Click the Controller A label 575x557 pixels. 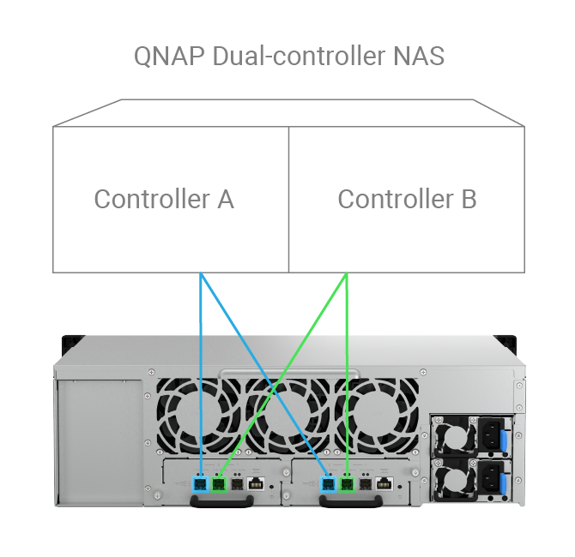click(x=164, y=199)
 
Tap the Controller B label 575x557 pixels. click(x=407, y=199)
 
